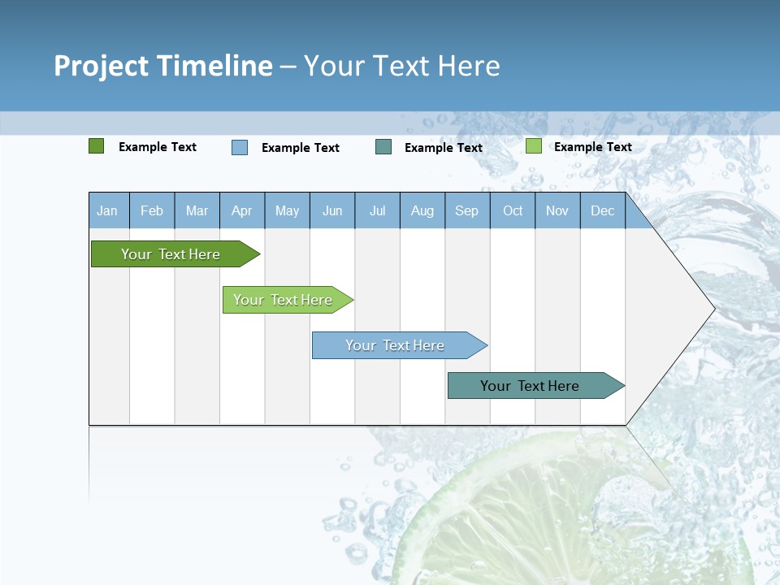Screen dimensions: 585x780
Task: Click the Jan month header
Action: coord(108,211)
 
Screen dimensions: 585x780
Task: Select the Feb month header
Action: coord(152,211)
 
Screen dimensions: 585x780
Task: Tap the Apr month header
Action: coord(242,211)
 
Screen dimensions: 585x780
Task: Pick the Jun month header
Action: coord(332,211)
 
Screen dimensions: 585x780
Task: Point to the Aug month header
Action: coord(422,211)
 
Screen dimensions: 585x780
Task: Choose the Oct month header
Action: coord(513,211)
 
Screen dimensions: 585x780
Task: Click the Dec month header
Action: coord(603,211)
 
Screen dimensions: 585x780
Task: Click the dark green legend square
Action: coord(97,146)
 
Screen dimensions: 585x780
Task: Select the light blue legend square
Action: coord(240,147)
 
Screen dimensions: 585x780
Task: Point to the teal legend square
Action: coord(383,147)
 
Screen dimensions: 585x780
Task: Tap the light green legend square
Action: coord(534,146)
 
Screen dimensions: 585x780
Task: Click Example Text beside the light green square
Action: coord(592,147)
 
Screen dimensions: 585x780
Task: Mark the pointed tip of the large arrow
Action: coord(713,309)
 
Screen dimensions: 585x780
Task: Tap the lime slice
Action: coord(569,512)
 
